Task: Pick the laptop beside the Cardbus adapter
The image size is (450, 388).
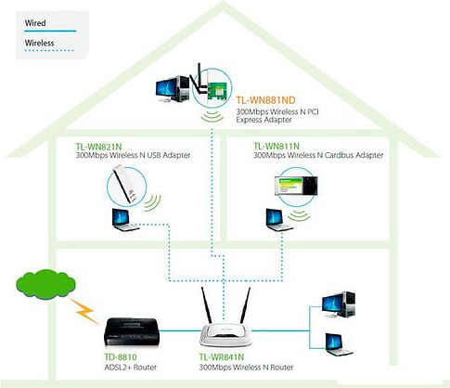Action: click(x=275, y=220)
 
